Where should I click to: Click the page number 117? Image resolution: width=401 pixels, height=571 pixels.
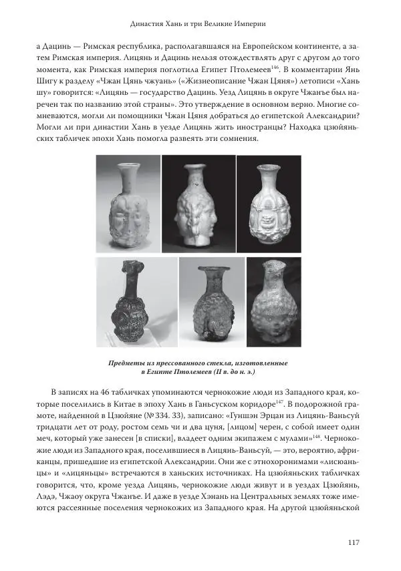(354, 542)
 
